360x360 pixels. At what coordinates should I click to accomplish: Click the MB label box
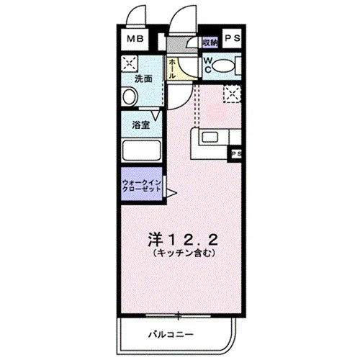pyautogui.click(x=135, y=39)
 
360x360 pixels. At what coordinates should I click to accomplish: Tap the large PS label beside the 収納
pyautogui.click(x=232, y=38)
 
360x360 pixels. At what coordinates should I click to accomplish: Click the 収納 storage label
pyautogui.click(x=210, y=42)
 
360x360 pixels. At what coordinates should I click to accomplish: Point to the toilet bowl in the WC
pyautogui.click(x=224, y=66)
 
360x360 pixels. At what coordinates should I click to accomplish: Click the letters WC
pyautogui.click(x=208, y=66)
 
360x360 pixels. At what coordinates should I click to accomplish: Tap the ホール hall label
pyautogui.click(x=172, y=69)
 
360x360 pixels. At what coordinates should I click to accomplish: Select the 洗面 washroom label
pyautogui.click(x=143, y=78)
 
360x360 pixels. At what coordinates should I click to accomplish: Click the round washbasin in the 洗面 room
pyautogui.click(x=130, y=96)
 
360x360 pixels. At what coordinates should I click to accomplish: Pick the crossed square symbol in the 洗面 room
pyautogui.click(x=130, y=63)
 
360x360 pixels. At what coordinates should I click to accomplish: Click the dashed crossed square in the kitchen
pyautogui.click(x=232, y=94)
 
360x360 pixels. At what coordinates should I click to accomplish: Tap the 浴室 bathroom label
pyautogui.click(x=141, y=125)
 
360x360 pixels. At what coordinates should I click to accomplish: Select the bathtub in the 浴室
pyautogui.click(x=142, y=150)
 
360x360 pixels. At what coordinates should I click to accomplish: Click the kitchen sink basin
pyautogui.click(x=210, y=138)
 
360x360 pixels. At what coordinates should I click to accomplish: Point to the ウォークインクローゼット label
pyautogui.click(x=141, y=186)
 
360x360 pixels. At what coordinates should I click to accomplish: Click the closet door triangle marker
pyautogui.click(x=171, y=193)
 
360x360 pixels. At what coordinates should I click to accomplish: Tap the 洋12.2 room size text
pyautogui.click(x=183, y=240)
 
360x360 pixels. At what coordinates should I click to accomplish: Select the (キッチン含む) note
pyautogui.click(x=184, y=253)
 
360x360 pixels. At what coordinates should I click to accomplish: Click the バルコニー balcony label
pyautogui.click(x=171, y=334)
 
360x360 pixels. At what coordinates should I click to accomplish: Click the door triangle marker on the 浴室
pyautogui.click(x=156, y=115)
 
